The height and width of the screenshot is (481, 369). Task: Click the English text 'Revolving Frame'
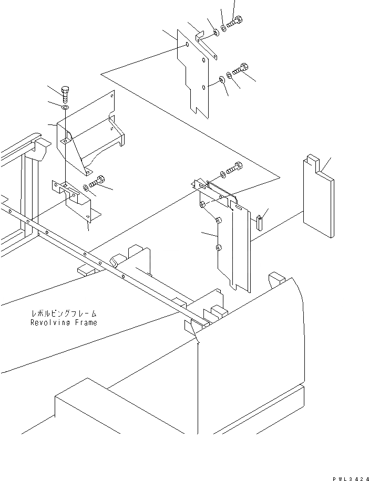point(64,322)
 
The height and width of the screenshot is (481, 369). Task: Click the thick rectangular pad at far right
point(319,198)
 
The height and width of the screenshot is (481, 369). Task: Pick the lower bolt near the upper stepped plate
point(242,69)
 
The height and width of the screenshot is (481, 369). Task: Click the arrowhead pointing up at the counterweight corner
point(198,343)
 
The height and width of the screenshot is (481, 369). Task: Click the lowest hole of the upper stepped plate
point(204,88)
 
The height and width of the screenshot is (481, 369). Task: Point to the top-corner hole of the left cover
point(112,95)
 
